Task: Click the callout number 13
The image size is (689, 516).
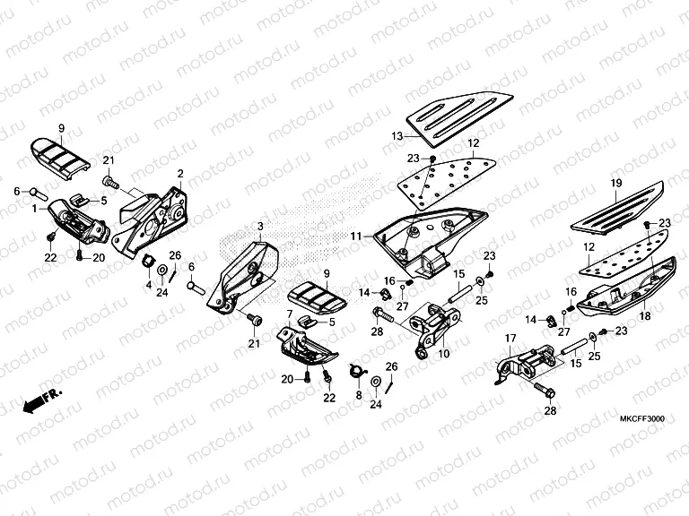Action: click(397, 135)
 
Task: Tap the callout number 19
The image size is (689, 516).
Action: click(615, 184)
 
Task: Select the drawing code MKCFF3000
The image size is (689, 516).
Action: click(641, 419)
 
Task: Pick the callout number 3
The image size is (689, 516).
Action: click(261, 226)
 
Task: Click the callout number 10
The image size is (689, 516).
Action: click(444, 354)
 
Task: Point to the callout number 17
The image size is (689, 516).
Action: click(509, 338)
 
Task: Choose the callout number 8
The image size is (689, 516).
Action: click(358, 394)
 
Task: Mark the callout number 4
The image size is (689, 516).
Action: click(149, 285)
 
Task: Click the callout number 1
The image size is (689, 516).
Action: click(34, 208)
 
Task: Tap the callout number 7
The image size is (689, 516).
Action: click(290, 314)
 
